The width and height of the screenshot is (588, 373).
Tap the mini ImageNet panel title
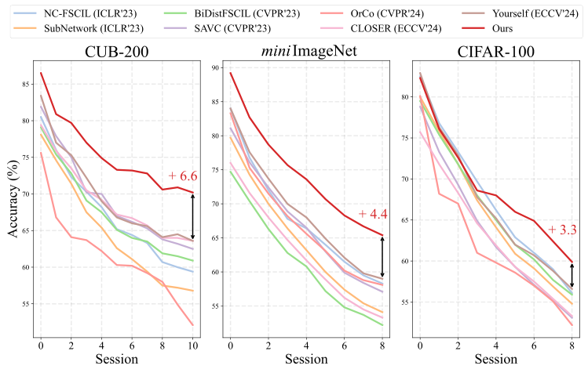305,53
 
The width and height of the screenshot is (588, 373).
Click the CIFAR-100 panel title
495,53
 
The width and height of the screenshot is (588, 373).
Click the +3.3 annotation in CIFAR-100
562,230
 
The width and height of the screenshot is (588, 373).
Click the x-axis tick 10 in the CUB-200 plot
193,345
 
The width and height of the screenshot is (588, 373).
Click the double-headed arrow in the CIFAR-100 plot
572,275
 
